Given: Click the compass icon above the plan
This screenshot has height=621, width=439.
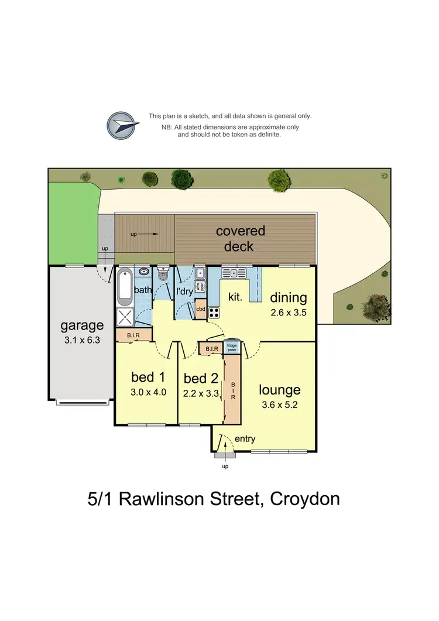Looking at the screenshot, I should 123,125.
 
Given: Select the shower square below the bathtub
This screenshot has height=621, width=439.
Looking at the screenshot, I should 125,317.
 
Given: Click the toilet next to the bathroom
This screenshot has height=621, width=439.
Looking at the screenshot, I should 163,275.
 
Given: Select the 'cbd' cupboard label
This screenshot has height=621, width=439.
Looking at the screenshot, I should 201,309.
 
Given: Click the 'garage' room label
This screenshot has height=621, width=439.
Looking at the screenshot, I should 82,325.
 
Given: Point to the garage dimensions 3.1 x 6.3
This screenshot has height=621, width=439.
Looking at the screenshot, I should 82,339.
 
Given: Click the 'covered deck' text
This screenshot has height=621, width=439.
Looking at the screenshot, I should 240,238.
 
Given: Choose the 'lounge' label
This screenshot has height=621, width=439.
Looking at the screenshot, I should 280,390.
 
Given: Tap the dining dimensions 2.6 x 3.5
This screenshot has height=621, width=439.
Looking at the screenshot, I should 289,313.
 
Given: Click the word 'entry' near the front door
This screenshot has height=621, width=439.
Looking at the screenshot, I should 245,438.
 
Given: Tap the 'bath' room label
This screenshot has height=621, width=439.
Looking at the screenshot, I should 143,290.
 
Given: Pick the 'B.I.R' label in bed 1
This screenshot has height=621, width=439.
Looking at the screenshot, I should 133,335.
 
